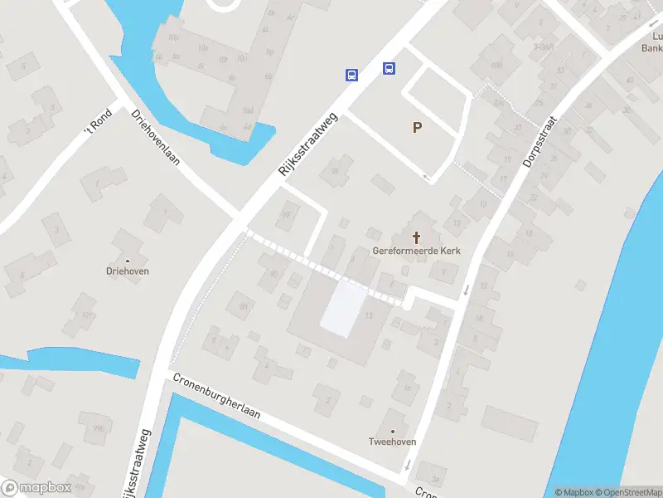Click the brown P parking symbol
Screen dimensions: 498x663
(x=417, y=127)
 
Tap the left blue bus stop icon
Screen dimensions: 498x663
(x=351, y=75)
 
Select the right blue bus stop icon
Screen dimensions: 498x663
(x=389, y=68)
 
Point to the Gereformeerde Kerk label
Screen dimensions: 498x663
(x=416, y=251)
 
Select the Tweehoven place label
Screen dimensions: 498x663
(x=392, y=442)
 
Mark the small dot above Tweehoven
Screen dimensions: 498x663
(x=392, y=432)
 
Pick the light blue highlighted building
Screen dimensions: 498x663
(x=343, y=309)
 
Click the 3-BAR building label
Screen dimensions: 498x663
(x=544, y=47)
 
